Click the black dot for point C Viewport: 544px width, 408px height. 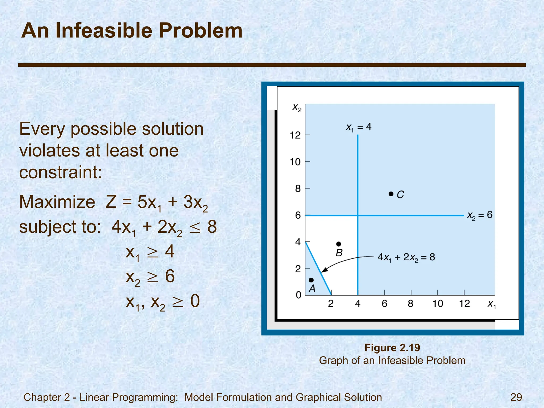(x=391, y=194)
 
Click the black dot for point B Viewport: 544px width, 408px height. (x=339, y=244)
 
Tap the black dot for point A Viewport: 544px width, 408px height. (x=311, y=280)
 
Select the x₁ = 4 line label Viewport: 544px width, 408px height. (x=359, y=127)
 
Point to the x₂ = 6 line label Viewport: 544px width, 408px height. (x=480, y=215)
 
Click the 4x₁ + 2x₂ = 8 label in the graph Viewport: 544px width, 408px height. (x=406, y=257)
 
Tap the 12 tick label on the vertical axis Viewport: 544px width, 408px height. (x=295, y=135)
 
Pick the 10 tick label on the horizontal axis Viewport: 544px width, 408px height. (x=437, y=303)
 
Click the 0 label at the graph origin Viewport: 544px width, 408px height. (x=299, y=295)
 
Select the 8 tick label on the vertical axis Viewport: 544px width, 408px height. (x=298, y=189)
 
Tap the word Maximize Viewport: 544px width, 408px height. (x=57, y=202)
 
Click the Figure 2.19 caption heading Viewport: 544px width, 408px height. (x=392, y=348)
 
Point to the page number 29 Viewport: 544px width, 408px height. (x=516, y=397)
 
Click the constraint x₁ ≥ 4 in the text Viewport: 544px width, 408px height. (x=150, y=252)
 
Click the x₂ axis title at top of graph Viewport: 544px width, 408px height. (x=297, y=108)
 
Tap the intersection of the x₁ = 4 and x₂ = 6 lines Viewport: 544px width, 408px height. (x=358, y=215)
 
